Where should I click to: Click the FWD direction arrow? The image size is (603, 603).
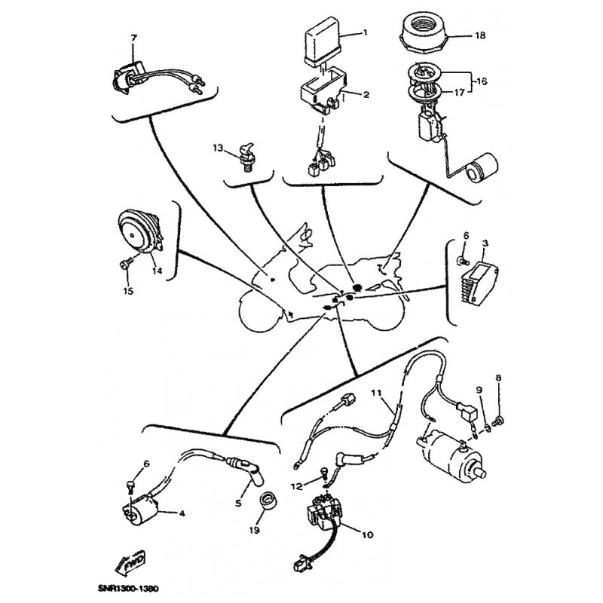click(130, 562)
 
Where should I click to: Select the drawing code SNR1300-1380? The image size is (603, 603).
click(128, 589)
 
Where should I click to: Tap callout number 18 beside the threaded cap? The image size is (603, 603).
click(480, 35)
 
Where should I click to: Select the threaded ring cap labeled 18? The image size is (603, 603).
click(423, 32)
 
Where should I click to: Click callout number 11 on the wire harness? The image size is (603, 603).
click(376, 392)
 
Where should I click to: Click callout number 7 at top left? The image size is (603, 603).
click(133, 38)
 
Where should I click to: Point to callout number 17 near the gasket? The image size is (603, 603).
click(460, 92)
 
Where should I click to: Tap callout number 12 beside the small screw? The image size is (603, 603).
click(297, 486)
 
